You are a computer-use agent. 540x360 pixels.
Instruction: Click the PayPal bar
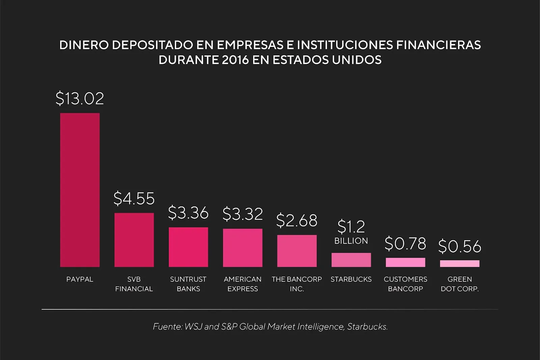(80, 190)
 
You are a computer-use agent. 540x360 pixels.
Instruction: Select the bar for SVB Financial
(134, 240)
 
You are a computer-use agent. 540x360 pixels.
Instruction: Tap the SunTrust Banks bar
(188, 247)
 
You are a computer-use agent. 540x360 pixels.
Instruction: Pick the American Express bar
(243, 248)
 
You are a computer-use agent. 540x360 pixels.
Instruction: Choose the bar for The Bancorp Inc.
(297, 251)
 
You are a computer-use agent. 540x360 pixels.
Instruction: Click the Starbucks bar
(351, 260)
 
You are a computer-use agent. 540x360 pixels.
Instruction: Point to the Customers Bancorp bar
(405, 262)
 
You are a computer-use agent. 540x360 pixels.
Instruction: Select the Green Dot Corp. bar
(460, 263)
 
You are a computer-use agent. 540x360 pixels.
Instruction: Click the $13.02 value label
(80, 98)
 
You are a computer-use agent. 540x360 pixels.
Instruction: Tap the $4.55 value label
(134, 198)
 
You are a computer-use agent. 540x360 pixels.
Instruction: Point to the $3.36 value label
(188, 213)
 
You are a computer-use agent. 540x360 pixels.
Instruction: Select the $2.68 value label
(297, 221)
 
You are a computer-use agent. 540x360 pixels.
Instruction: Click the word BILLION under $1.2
(351, 241)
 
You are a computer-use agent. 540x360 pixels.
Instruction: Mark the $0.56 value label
(460, 246)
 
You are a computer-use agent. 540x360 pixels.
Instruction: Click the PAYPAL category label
(80, 279)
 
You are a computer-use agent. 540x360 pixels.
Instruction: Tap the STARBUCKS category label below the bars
(351, 279)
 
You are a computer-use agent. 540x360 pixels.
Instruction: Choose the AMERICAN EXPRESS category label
(243, 284)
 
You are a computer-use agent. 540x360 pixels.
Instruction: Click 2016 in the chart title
(236, 60)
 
